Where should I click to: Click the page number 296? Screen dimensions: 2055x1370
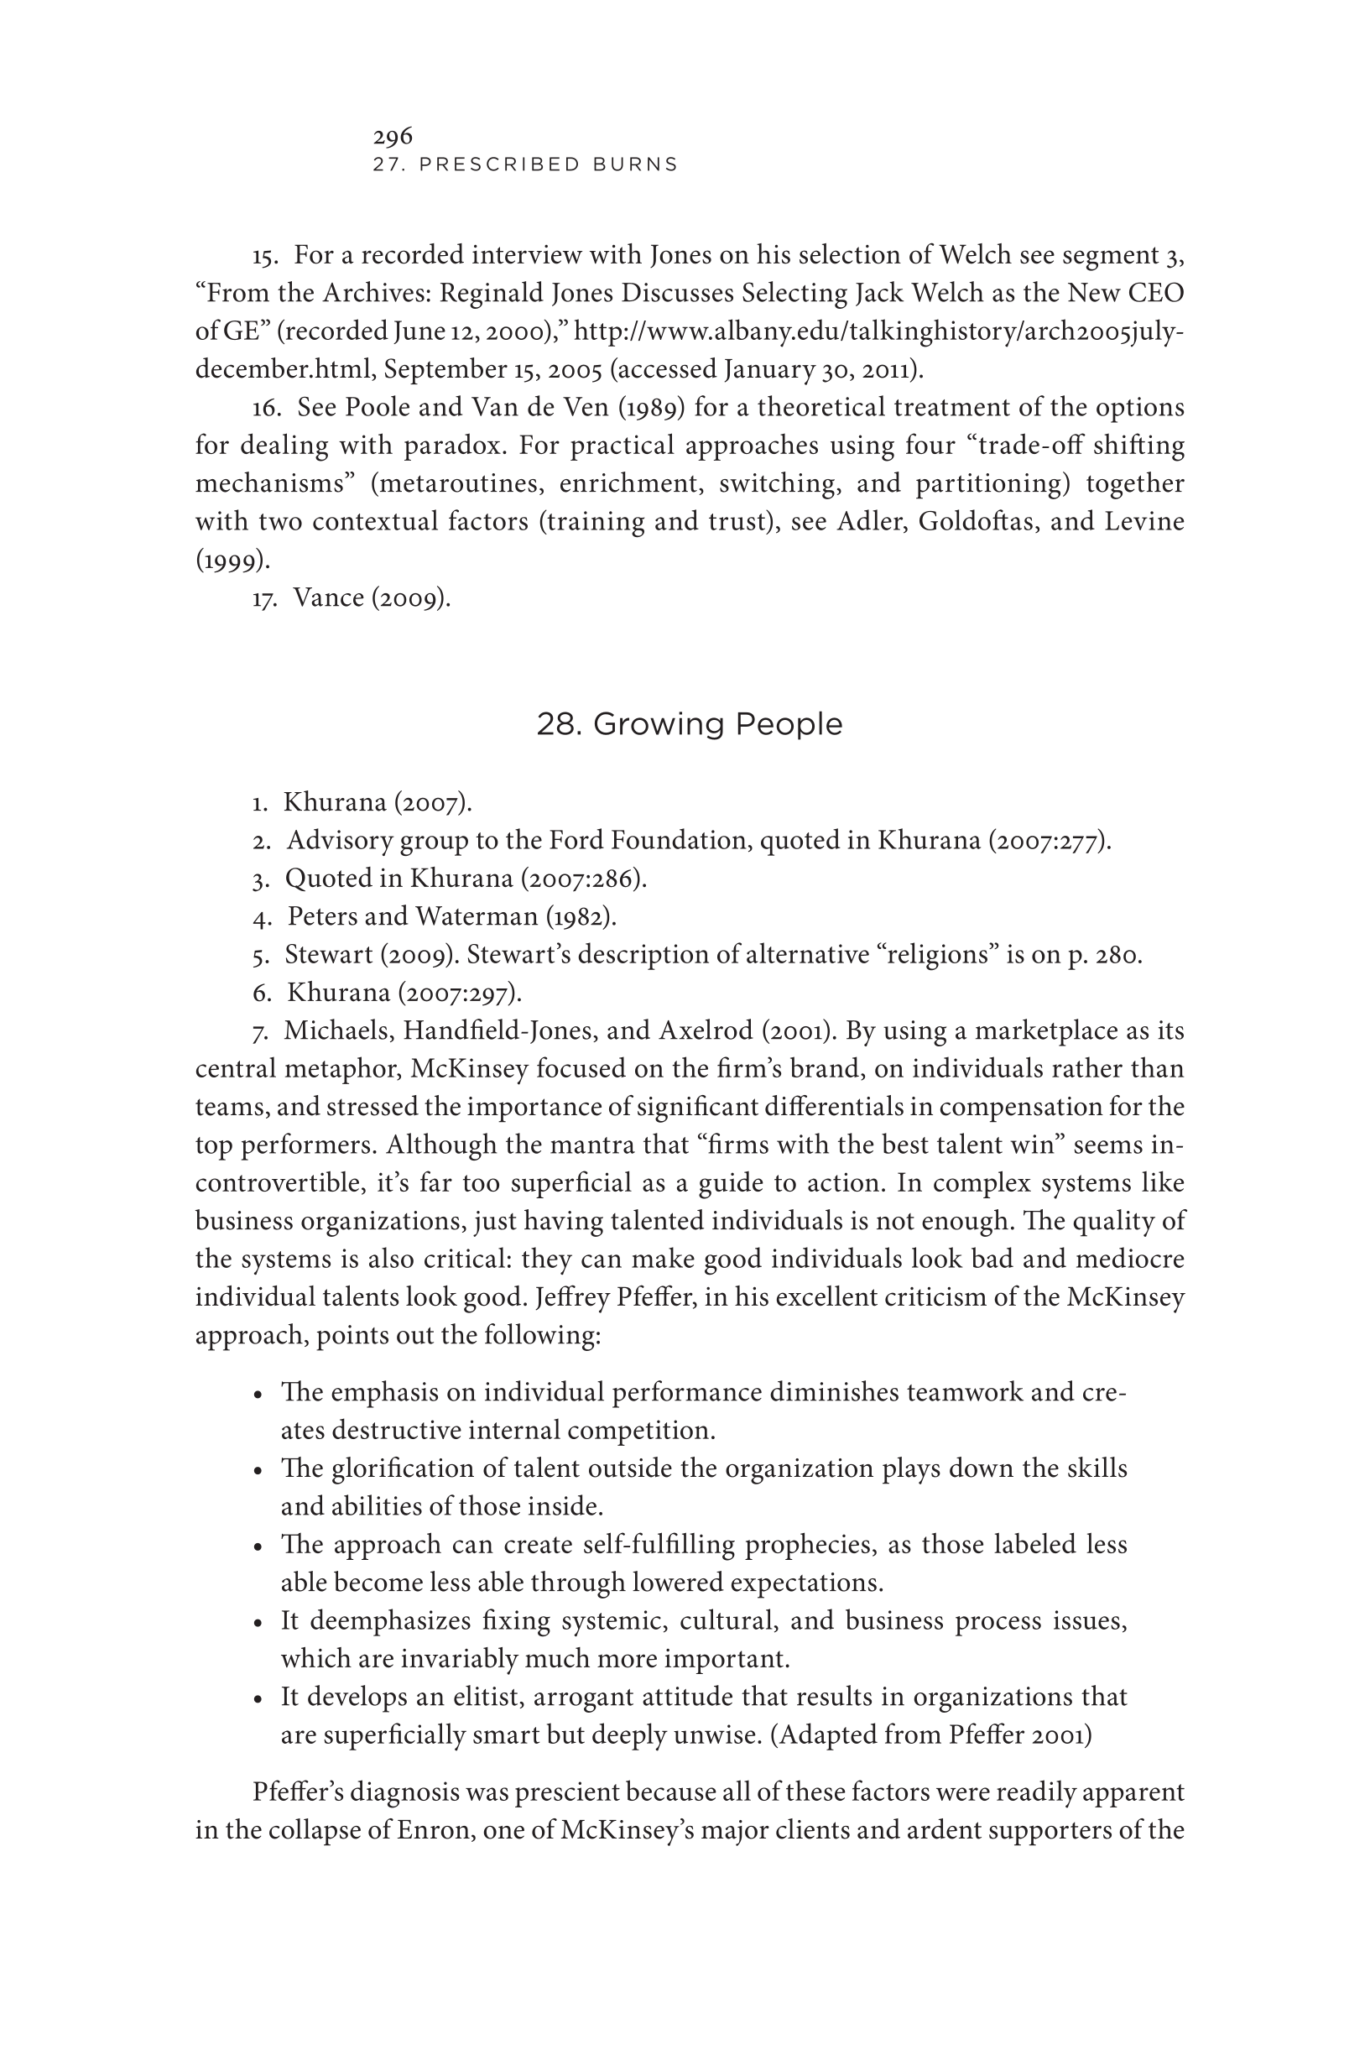[393, 136]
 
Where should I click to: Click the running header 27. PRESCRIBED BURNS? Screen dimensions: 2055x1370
[525, 164]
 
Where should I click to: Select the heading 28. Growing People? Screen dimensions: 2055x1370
[689, 724]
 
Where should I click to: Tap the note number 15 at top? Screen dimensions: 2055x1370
[264, 256]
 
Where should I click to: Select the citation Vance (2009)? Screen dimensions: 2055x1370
[372, 597]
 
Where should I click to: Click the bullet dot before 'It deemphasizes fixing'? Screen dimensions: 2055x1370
[258, 1624]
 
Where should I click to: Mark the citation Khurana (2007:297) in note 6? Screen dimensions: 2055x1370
[404, 994]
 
